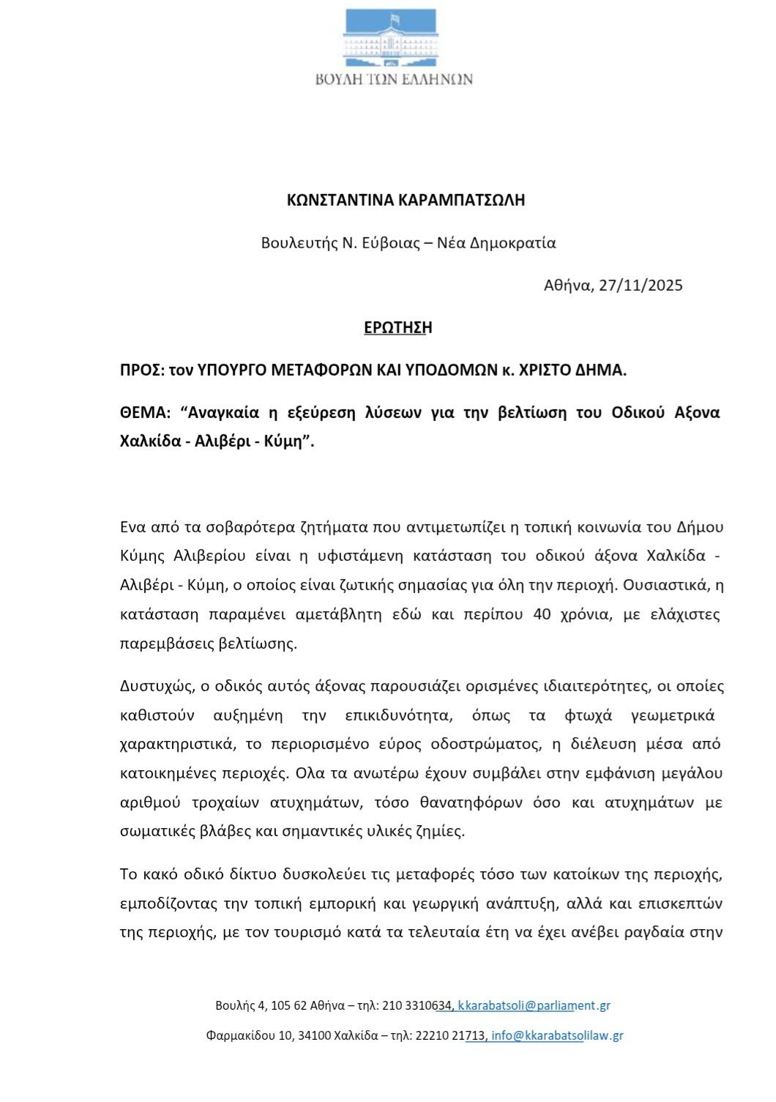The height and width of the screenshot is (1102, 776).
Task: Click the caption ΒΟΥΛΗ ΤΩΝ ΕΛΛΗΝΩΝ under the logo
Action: tap(394, 79)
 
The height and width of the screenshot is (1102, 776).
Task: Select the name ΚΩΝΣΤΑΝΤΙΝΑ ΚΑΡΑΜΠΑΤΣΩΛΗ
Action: tap(406, 201)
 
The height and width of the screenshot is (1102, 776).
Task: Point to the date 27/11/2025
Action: tap(641, 286)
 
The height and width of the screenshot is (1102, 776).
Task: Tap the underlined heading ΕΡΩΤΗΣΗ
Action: tap(398, 328)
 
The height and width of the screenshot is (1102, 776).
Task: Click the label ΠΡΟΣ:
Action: tap(142, 371)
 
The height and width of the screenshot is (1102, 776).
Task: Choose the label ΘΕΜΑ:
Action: tap(145, 413)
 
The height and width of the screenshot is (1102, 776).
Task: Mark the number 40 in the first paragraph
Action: tap(542, 614)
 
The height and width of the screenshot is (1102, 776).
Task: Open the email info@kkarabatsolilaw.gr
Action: tap(557, 1036)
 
